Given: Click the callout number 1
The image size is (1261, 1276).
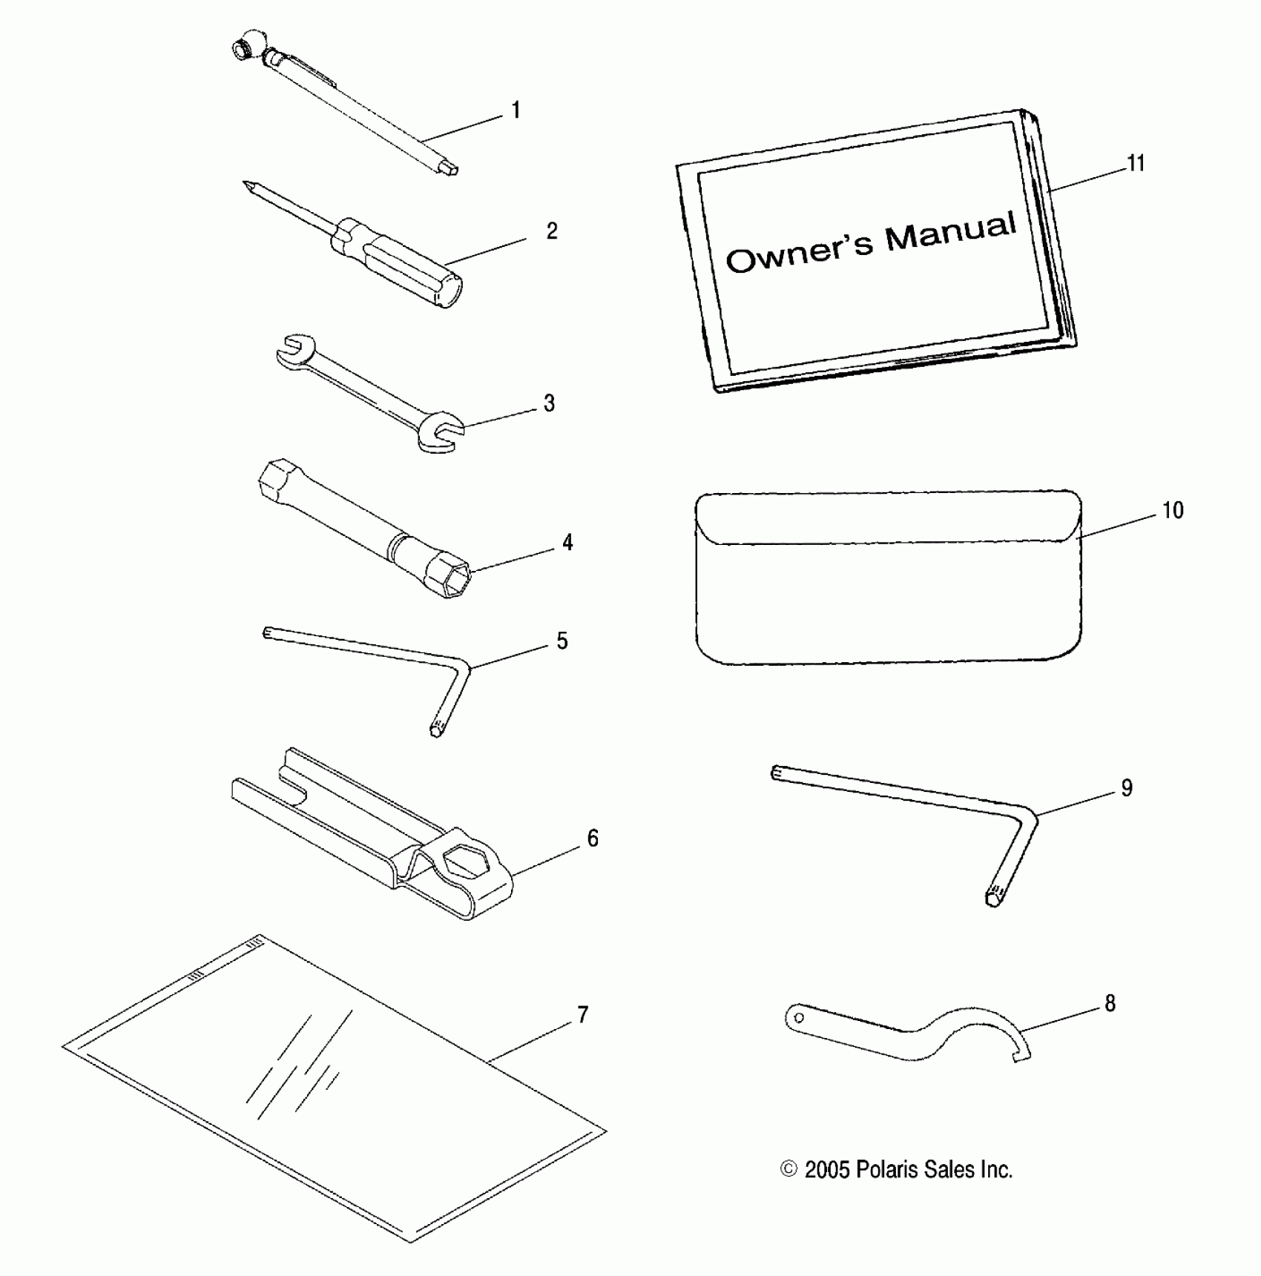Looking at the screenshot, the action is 516,111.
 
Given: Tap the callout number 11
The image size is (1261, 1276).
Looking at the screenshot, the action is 1136,163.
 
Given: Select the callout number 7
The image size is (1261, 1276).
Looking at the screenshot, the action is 583,1015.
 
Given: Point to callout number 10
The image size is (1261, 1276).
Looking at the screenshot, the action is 1173,511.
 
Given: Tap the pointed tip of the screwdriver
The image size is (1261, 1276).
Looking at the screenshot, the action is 246,184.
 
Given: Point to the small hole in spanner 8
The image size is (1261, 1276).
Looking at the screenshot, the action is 799,1018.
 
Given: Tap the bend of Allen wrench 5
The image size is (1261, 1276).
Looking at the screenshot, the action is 464,668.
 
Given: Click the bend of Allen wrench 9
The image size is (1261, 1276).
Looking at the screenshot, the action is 1030,815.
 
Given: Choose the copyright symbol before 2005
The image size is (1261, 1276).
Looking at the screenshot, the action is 788,1169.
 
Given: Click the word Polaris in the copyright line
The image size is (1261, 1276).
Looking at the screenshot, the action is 887,1169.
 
